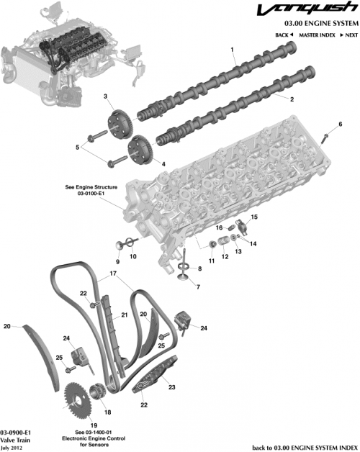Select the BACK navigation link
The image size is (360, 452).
(284, 35)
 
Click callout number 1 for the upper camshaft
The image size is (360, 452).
(233, 49)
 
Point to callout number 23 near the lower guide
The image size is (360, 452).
(171, 388)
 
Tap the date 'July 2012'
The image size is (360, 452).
(13, 446)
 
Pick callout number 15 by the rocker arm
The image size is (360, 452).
(253, 217)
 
